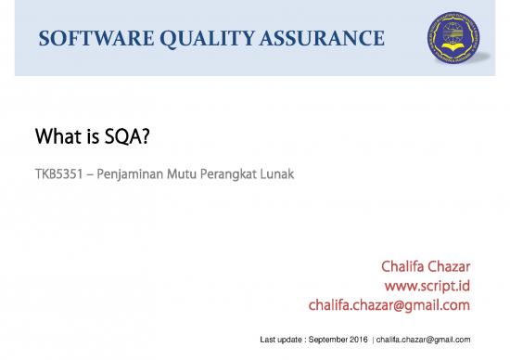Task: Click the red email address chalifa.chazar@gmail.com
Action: [390, 305]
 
